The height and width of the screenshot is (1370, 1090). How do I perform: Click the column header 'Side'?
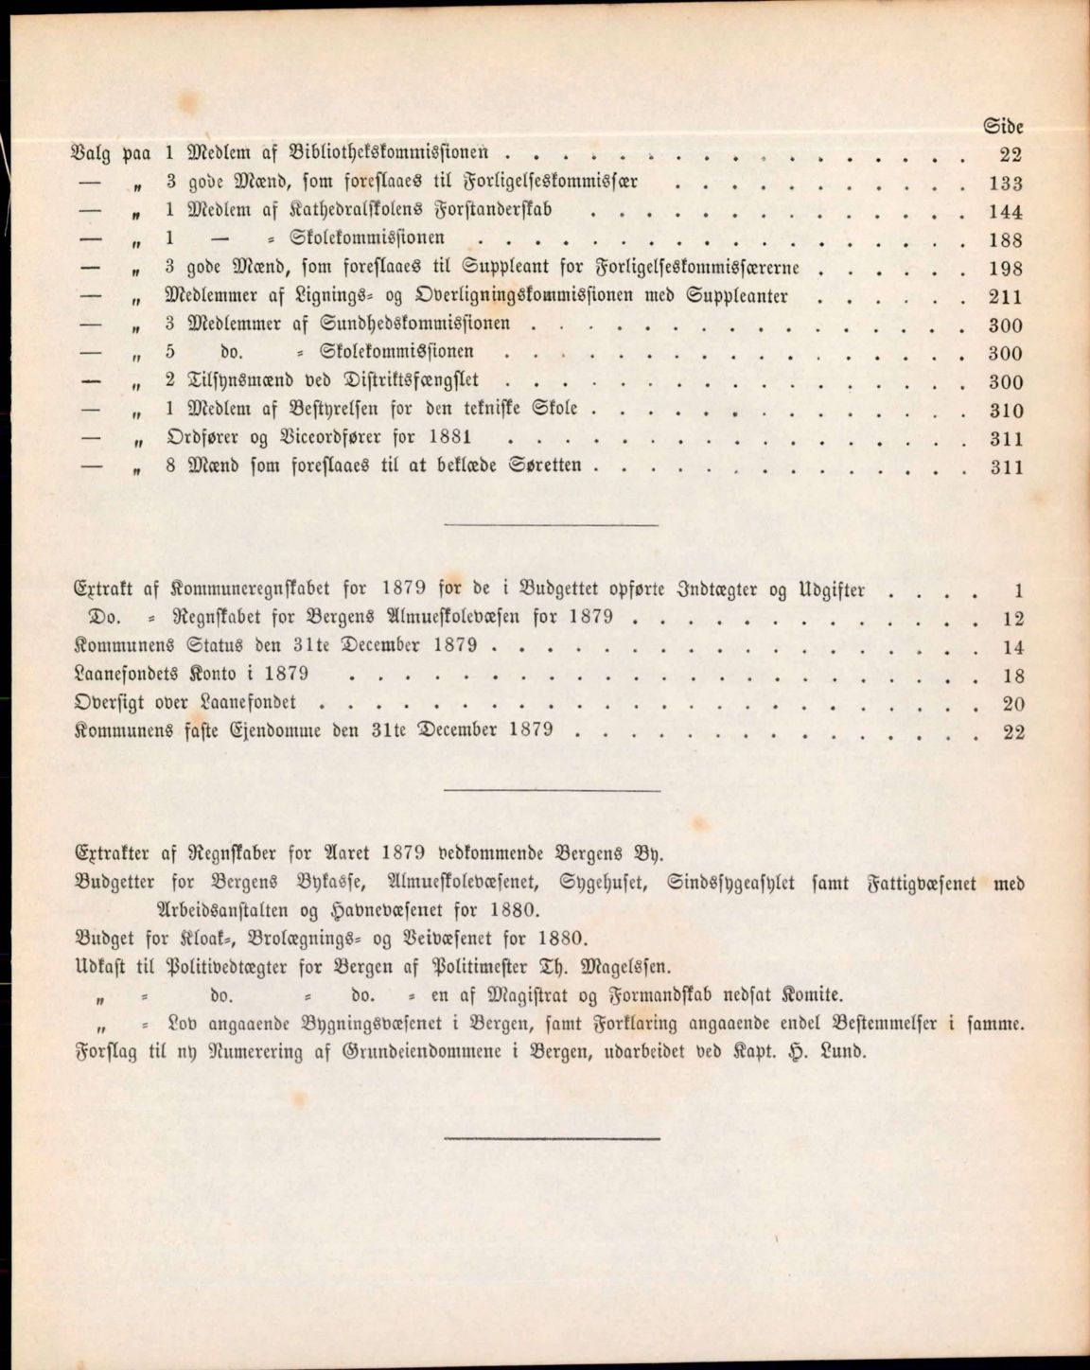point(1004,126)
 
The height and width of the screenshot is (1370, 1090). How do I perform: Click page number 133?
point(1006,184)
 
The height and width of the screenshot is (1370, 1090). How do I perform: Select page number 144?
point(1006,212)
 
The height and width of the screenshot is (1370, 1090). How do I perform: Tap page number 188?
point(1006,240)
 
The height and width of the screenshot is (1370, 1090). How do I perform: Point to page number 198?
point(1006,269)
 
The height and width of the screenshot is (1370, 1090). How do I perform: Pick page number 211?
point(1006,297)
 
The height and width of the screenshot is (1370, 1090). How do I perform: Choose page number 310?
point(1006,411)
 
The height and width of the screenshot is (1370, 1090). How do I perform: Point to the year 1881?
point(449,438)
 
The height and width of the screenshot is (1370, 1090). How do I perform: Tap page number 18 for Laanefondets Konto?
point(1012,676)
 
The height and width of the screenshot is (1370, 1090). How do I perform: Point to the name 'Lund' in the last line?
point(839,1051)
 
